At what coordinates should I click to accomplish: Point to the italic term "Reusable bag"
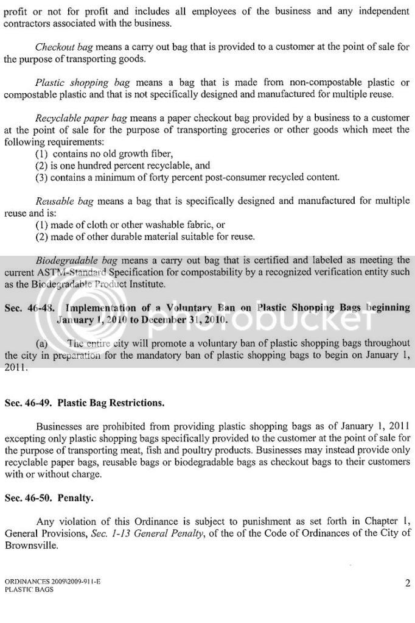(x=62, y=201)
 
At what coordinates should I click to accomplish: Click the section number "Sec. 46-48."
(x=29, y=308)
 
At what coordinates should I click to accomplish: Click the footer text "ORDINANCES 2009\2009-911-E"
(x=52, y=582)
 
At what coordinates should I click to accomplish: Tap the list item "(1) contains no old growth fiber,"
(x=104, y=153)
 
